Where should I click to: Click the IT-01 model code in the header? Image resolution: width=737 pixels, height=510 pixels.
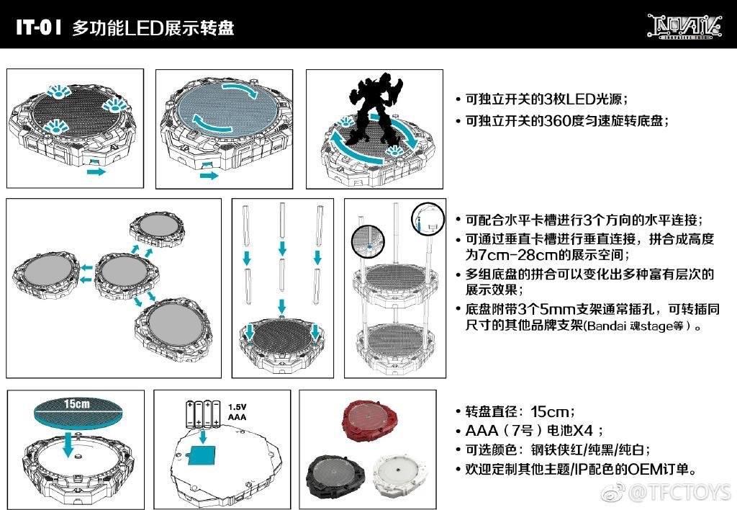click(x=39, y=27)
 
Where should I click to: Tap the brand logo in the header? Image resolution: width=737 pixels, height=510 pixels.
click(x=684, y=26)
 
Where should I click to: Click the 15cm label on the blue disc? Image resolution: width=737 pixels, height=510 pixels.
click(x=76, y=403)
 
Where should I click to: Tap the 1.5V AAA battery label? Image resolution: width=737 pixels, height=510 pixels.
click(x=237, y=411)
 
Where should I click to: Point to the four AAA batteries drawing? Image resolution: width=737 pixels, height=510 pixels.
click(x=203, y=414)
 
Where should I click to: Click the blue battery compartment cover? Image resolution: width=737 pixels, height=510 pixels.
click(x=202, y=455)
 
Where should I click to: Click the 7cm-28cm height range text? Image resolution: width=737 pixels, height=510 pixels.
click(x=520, y=255)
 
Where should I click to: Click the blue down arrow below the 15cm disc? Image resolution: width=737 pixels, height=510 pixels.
click(x=68, y=444)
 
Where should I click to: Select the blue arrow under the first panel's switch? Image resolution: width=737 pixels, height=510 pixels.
click(x=96, y=171)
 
